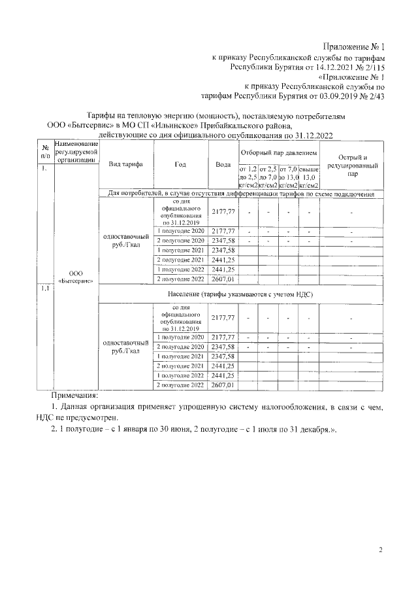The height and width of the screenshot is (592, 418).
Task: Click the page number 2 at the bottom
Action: coord(381,549)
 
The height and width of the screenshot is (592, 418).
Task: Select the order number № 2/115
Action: coord(363,66)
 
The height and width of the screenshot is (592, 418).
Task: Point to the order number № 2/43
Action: coord(368,96)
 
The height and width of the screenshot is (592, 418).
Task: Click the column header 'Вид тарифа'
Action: coord(125,164)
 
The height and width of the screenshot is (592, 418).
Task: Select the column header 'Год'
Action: coord(180,164)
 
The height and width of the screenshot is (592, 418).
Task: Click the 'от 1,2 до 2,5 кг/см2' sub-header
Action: coord(249,177)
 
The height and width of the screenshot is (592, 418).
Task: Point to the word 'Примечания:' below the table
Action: coord(74,396)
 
